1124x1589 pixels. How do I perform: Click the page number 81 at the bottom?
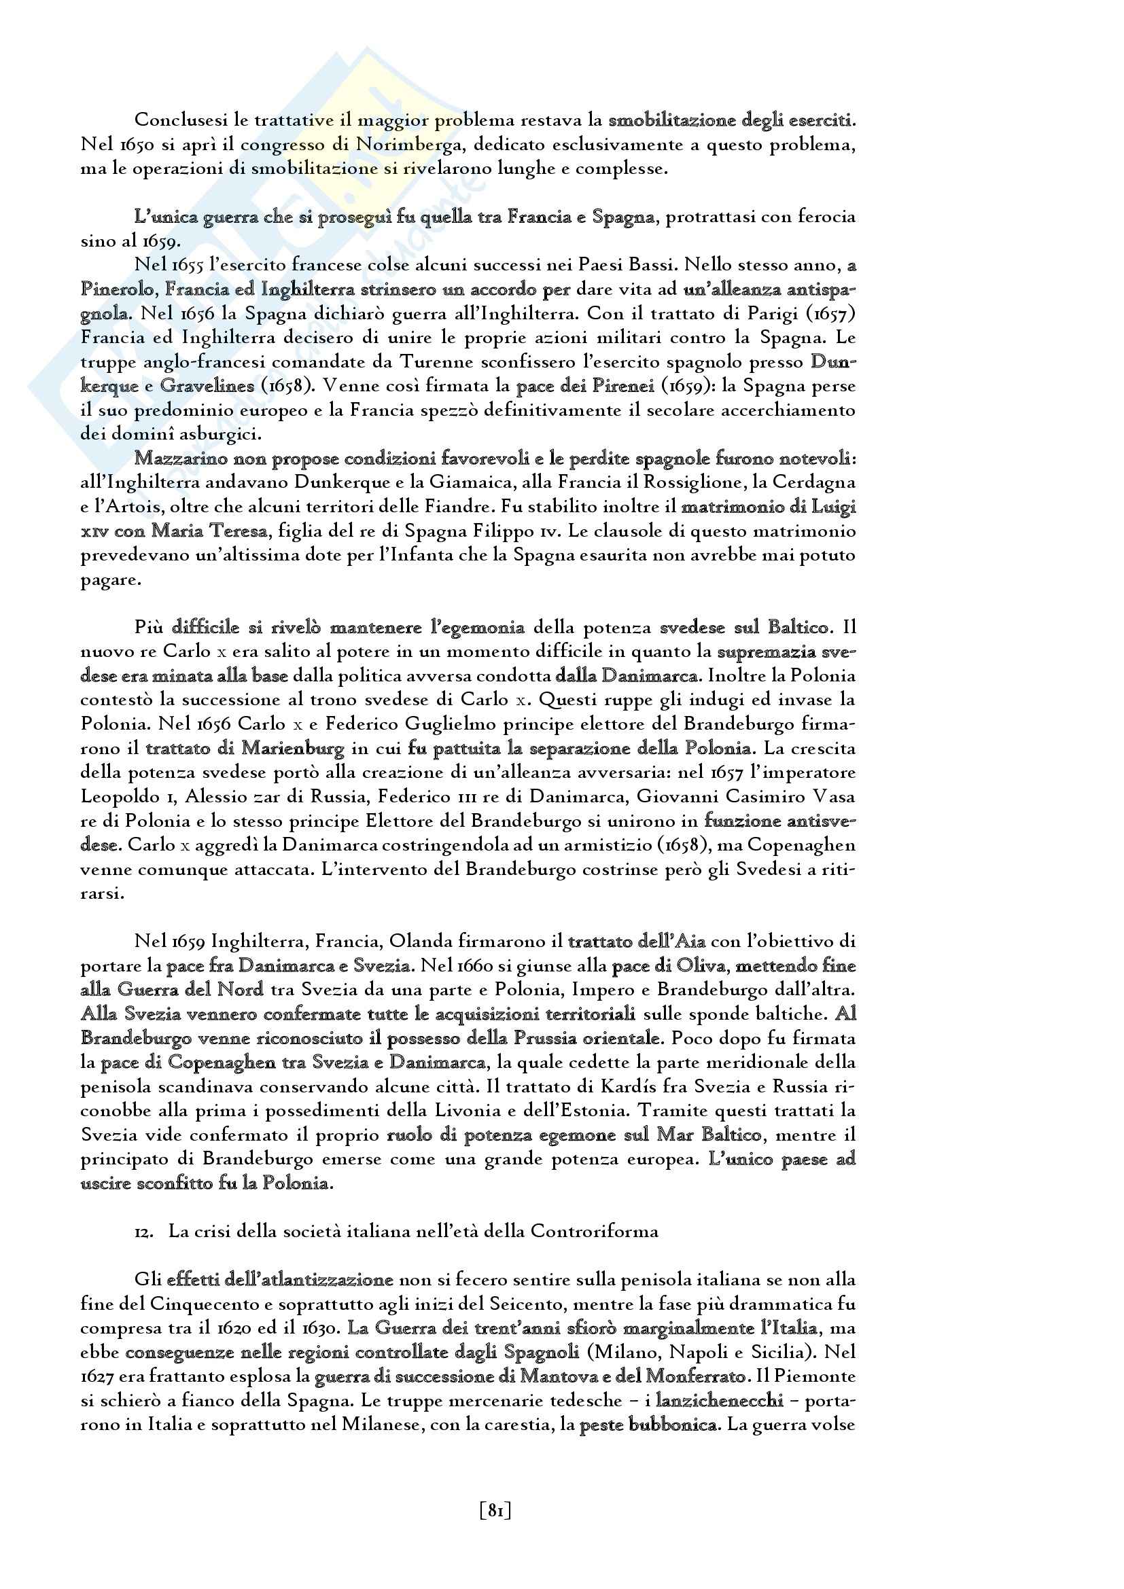pyautogui.click(x=495, y=1511)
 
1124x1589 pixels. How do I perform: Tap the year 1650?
pyautogui.click(x=124, y=145)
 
